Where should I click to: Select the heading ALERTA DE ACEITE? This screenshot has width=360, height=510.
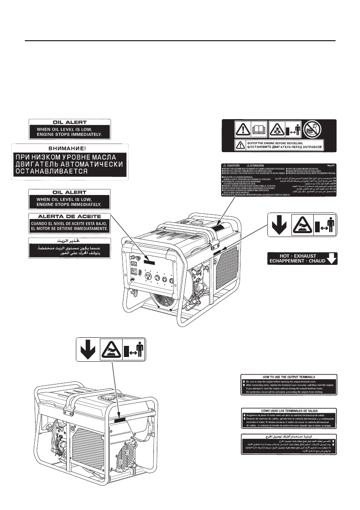click(x=70, y=216)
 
